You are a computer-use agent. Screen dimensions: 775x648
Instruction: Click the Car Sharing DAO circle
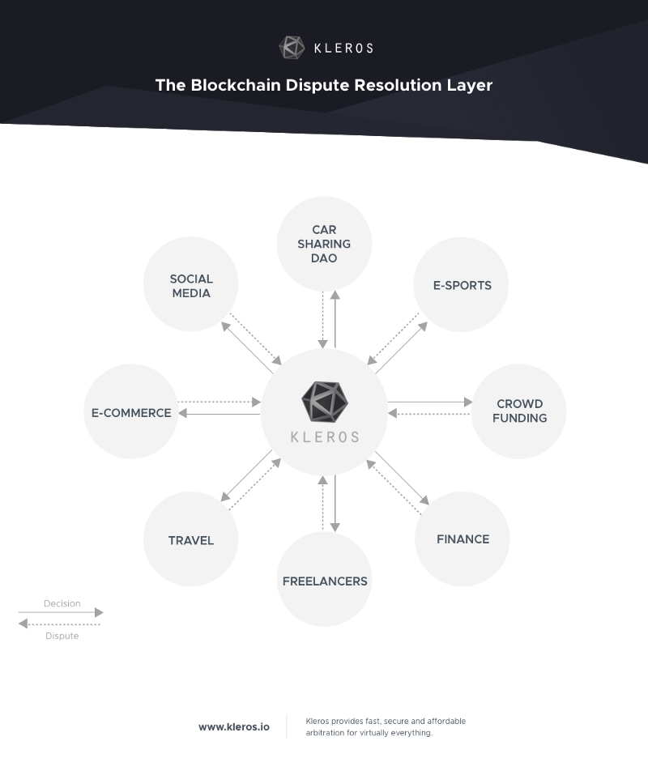[324, 243]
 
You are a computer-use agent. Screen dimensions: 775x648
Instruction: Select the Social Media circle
[190, 286]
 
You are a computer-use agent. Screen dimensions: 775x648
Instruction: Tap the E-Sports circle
[462, 285]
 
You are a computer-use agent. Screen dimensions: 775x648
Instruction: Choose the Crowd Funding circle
[519, 411]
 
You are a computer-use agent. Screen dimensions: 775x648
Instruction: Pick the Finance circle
[463, 539]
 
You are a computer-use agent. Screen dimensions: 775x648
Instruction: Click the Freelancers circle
[324, 581]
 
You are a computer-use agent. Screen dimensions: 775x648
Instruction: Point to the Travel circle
[190, 540]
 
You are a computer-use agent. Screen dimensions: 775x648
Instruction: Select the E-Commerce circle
[131, 412]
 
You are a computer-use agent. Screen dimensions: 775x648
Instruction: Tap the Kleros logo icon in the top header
[292, 48]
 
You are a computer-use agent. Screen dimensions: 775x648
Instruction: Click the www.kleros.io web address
[233, 727]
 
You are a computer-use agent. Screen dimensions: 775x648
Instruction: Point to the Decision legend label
[62, 603]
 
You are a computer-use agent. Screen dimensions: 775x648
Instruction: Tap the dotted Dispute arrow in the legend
[60, 624]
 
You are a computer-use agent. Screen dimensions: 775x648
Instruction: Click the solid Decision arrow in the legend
[62, 613]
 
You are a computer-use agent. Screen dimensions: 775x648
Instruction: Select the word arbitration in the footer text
[329, 733]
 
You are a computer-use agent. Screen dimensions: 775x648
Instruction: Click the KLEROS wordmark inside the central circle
[324, 436]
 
